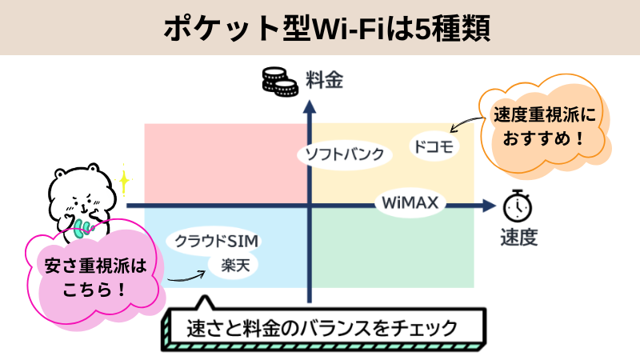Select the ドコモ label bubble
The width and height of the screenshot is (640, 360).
[x=433, y=146]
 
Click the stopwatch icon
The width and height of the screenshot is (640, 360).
[x=518, y=206]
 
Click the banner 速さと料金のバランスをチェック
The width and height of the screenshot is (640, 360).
[x=322, y=328]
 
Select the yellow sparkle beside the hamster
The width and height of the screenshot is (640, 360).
[x=123, y=180]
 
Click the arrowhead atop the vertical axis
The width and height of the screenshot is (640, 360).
[x=309, y=103]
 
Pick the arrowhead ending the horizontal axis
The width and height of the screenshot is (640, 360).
[x=488, y=206]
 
